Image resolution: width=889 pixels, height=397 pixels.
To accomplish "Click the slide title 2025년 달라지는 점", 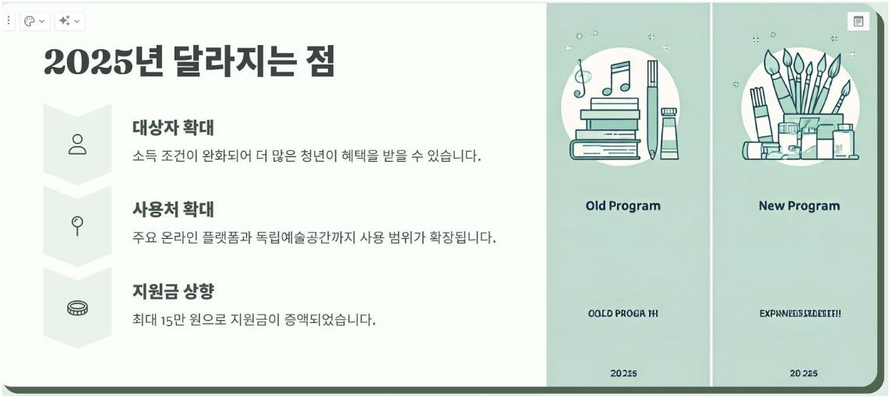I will tap(189, 61).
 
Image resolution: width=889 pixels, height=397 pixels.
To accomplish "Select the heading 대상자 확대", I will tap(173, 128).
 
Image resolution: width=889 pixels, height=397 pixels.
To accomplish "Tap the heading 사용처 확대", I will tap(173, 209).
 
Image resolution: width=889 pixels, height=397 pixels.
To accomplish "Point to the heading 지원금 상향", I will tap(173, 292).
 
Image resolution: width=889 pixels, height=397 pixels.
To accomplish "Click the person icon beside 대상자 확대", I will tap(77, 144).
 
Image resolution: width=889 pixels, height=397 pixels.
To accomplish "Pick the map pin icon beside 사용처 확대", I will tap(77, 226).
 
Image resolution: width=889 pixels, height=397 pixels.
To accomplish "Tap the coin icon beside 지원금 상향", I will tap(77, 308).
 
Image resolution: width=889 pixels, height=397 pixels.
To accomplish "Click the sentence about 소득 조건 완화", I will tap(306, 156).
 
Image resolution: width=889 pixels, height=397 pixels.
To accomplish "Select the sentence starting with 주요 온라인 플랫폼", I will tap(314, 237).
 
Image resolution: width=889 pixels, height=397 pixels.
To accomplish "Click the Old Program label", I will tap(623, 206).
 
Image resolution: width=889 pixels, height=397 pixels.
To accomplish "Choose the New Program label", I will tap(799, 206).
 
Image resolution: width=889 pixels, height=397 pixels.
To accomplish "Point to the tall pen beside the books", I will tap(652, 109).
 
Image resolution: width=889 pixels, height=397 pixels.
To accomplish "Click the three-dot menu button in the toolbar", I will tap(9, 21).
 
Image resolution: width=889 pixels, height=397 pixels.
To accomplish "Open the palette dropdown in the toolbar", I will tap(34, 21).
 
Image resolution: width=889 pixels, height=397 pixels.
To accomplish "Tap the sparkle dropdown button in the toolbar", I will tap(69, 21).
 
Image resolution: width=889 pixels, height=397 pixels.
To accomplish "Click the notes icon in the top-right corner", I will tap(858, 22).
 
